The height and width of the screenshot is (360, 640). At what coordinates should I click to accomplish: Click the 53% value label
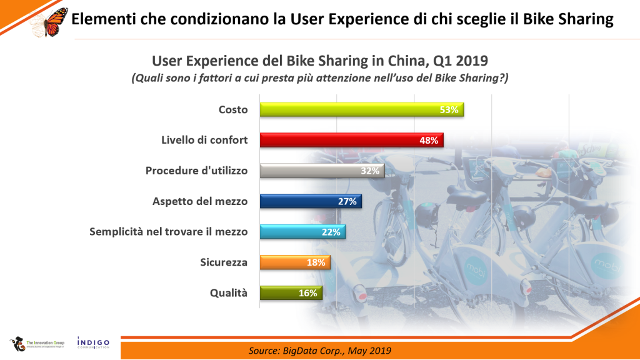point(449,110)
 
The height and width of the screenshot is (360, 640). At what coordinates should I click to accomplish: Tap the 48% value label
point(428,141)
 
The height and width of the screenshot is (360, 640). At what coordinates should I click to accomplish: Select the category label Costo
point(233,109)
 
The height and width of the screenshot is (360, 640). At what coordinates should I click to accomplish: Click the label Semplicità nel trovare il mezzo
point(169,232)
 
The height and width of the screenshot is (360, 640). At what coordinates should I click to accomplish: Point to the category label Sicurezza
point(223,262)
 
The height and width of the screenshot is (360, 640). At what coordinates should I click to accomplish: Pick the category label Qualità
point(229,293)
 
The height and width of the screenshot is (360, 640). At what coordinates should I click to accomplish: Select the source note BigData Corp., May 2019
point(319,350)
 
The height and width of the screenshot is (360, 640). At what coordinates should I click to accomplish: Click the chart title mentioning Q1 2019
point(320,61)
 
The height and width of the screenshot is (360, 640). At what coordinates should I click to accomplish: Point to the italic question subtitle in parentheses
point(320,78)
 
